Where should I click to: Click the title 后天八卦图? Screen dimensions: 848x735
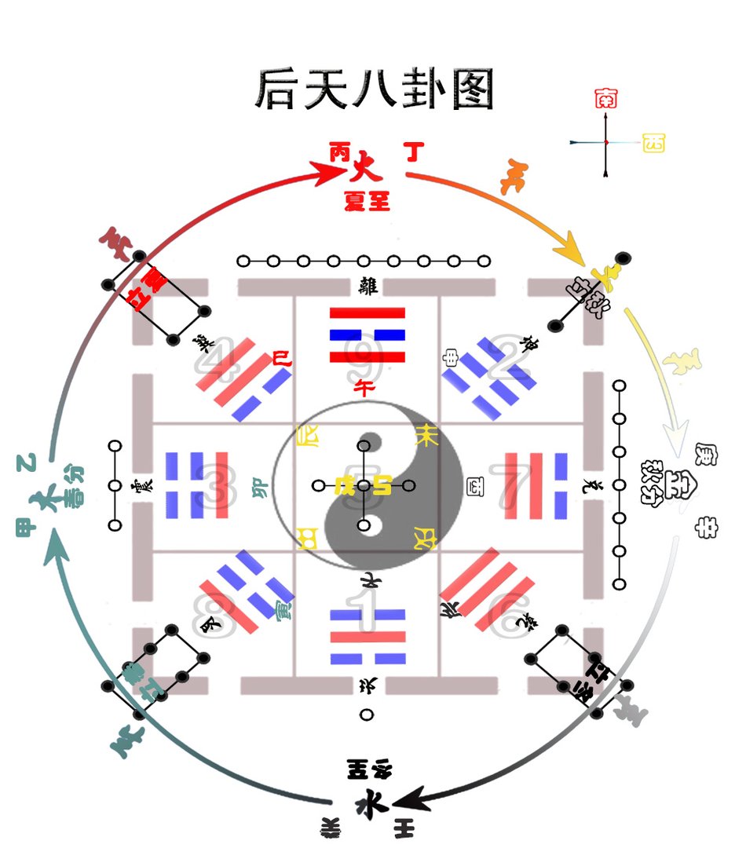[375, 90]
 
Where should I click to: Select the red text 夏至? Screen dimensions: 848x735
[367, 201]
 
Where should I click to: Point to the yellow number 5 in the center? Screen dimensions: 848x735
[364, 486]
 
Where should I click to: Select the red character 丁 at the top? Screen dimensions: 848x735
[415, 152]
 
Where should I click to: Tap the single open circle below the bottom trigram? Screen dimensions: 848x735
[367, 715]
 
